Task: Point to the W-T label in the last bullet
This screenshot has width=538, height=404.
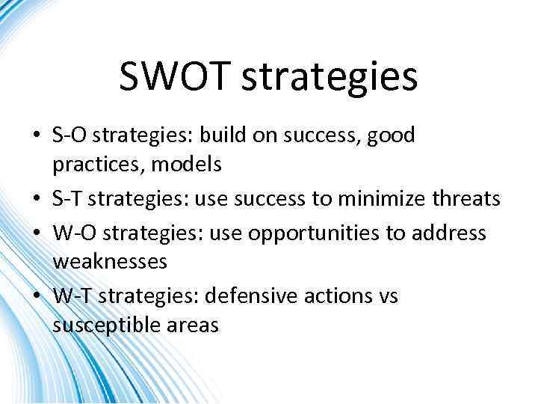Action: (73, 296)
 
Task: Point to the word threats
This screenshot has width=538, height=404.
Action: (469, 199)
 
